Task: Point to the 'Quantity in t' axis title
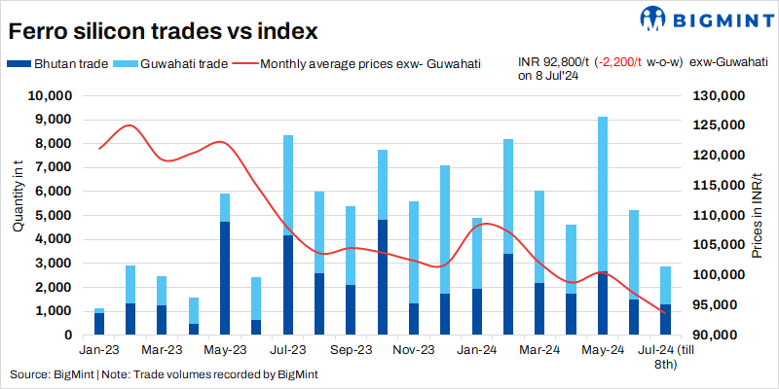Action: point(18,199)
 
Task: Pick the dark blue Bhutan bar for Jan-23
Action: point(99,324)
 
